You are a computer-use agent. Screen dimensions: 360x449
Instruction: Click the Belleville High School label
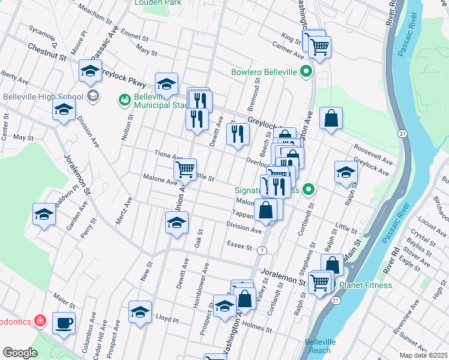click(x=42, y=97)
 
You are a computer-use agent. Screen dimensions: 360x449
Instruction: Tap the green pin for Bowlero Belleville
click(x=306, y=73)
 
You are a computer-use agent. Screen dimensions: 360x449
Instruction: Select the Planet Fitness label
click(x=366, y=285)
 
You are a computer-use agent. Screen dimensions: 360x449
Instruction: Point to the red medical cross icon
click(x=40, y=321)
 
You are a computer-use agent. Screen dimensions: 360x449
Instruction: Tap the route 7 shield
click(x=262, y=250)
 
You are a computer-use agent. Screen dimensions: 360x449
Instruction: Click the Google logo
click(x=20, y=353)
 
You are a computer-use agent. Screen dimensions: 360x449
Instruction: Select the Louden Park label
click(x=157, y=3)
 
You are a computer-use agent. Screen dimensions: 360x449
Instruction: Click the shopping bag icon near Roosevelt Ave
click(x=331, y=118)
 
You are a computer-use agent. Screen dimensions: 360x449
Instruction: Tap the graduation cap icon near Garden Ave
click(x=44, y=214)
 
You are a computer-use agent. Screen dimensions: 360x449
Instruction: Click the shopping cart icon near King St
click(x=318, y=45)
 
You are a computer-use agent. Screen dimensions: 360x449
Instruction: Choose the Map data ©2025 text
click(x=423, y=355)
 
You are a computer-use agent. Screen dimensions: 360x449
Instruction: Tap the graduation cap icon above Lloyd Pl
click(x=140, y=311)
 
